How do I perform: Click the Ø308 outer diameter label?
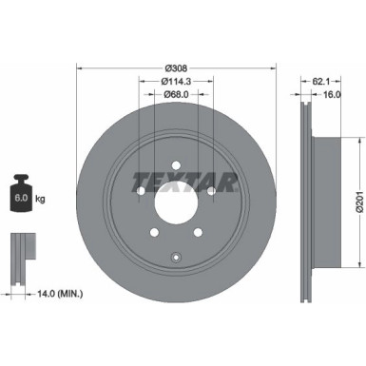point(175,67)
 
